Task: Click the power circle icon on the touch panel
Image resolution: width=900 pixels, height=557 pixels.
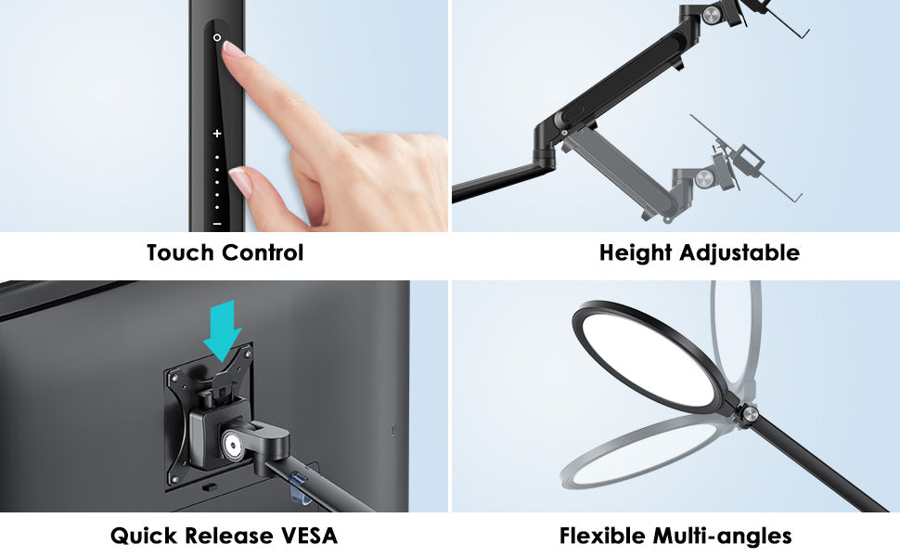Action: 217,37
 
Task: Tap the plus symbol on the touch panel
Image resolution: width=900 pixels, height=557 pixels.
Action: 217,134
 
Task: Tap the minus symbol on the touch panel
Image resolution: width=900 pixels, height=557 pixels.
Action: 217,224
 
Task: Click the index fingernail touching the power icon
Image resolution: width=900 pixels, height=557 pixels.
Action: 234,49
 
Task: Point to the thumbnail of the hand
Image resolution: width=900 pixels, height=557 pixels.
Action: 241,180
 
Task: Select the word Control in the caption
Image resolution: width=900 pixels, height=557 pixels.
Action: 263,253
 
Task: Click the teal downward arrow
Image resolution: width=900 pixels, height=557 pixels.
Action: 223,330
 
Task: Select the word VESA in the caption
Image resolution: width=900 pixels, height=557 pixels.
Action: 309,536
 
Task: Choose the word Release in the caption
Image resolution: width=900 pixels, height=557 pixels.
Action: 229,536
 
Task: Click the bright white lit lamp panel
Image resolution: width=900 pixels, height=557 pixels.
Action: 649,359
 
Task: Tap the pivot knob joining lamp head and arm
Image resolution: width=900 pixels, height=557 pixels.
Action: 749,413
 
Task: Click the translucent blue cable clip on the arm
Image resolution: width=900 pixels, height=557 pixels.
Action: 302,487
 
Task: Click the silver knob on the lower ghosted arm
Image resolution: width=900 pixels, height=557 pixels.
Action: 703,179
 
